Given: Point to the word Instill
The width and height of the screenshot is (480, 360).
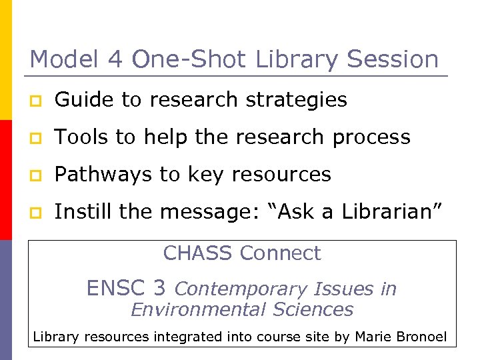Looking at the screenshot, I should (77, 212).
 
